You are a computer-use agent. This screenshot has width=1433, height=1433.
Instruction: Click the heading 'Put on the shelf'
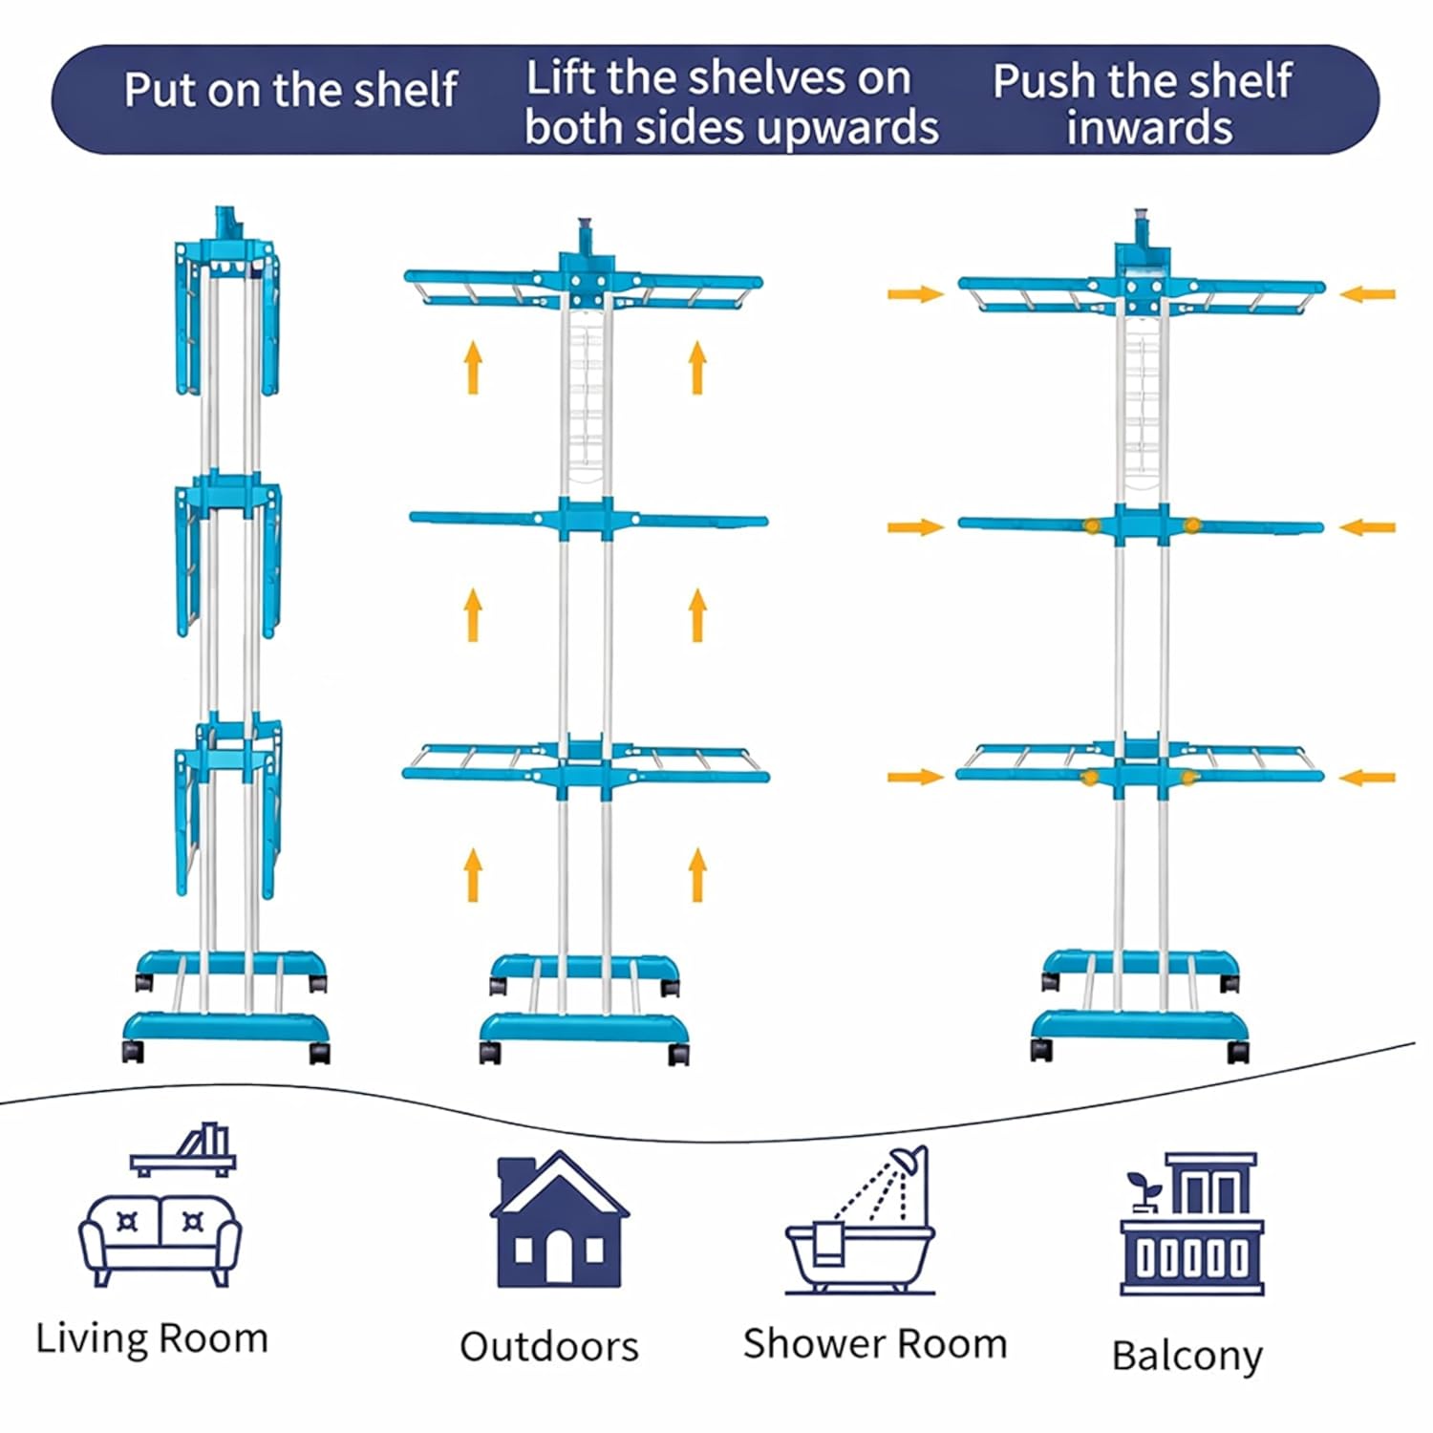pyautogui.click(x=290, y=91)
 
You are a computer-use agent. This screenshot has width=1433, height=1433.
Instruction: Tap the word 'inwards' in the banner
pyautogui.click(x=1149, y=127)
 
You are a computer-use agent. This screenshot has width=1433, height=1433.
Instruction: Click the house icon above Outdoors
pyautogui.click(x=559, y=1220)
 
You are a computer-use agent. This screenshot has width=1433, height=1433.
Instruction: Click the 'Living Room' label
pyautogui.click(x=152, y=1338)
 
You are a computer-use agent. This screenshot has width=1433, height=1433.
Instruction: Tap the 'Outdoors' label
pyautogui.click(x=548, y=1346)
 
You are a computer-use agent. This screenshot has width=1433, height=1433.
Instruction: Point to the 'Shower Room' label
pyautogui.click(x=875, y=1343)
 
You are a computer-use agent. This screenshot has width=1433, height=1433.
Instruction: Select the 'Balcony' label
pyautogui.click(x=1187, y=1355)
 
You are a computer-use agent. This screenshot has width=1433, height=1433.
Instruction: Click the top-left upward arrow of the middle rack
pyautogui.click(x=473, y=368)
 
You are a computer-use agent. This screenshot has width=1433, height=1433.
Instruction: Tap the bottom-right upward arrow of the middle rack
pyautogui.click(x=697, y=874)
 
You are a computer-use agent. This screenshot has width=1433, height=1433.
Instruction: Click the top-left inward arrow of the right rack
pyautogui.click(x=915, y=293)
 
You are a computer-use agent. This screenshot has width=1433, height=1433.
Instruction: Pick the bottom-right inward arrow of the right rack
pyautogui.click(x=1367, y=778)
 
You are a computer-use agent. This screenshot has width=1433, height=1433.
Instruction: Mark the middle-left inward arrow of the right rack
pyautogui.click(x=915, y=527)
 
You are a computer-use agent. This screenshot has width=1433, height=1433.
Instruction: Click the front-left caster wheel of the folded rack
pyautogui.click(x=133, y=1052)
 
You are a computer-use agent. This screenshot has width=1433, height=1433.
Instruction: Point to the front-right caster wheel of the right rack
pyautogui.click(x=1237, y=1051)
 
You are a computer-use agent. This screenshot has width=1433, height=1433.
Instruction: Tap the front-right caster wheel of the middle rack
pyautogui.click(x=678, y=1054)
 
